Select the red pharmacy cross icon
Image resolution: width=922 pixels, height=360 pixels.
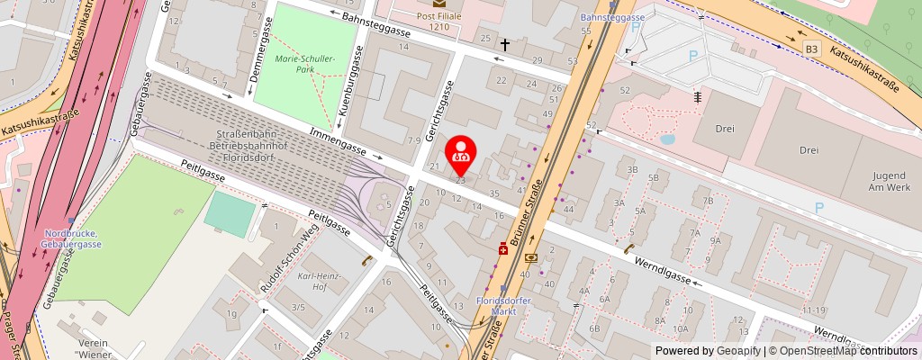[502, 250]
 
